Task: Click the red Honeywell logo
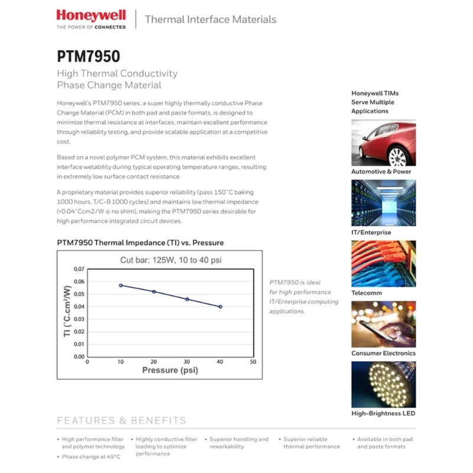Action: click(91, 15)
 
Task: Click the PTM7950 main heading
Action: click(88, 56)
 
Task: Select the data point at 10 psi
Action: click(121, 285)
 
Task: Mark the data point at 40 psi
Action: click(221, 306)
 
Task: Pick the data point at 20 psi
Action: click(154, 291)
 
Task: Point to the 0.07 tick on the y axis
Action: click(79, 269)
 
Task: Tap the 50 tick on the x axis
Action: click(253, 361)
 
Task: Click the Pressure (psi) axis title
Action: click(170, 370)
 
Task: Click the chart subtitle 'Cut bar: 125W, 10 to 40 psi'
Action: click(171, 260)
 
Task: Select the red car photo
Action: click(383, 142)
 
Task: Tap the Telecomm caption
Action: click(367, 293)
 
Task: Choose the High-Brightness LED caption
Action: click(383, 414)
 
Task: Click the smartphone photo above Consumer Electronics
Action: click(383, 324)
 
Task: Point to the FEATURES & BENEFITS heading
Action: click(121, 421)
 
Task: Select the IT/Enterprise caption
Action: click(371, 232)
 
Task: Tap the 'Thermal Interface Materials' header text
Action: click(210, 20)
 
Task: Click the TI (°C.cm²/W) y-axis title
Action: click(67, 312)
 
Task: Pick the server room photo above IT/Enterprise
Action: click(383, 203)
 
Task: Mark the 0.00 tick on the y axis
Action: click(79, 357)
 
